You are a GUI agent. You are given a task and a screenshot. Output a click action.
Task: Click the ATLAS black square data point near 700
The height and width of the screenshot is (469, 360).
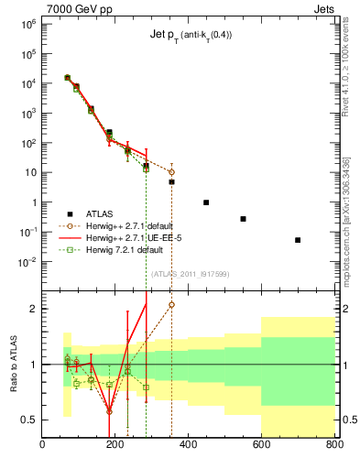pyautogui.click(x=298, y=240)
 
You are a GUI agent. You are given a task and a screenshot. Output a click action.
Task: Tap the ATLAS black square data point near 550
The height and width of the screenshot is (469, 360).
pyautogui.click(x=243, y=219)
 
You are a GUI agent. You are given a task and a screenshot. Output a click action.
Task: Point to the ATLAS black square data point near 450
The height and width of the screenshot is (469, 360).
pyautogui.click(x=206, y=202)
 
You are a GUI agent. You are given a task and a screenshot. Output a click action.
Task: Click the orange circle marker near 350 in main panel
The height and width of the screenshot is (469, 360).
pyautogui.click(x=171, y=172)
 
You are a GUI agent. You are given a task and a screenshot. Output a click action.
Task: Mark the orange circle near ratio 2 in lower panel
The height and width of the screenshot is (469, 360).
pyautogui.click(x=171, y=305)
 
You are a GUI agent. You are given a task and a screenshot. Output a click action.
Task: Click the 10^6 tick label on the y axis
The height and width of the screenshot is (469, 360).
pyautogui.click(x=27, y=24)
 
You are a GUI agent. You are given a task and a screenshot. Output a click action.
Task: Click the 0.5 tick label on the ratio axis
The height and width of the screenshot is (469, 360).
pyautogui.click(x=30, y=420)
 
